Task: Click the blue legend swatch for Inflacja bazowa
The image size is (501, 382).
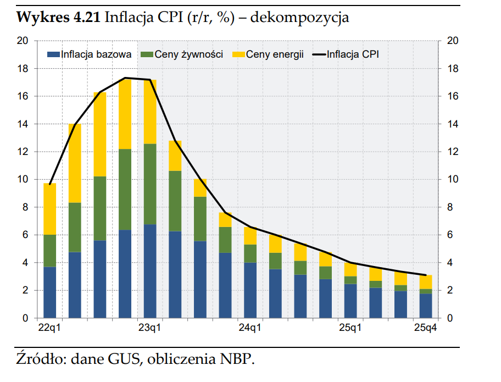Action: pyautogui.click(x=53, y=54)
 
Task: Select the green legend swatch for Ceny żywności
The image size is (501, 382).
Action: pyautogui.click(x=147, y=54)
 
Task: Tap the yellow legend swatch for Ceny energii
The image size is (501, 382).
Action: pyautogui.click(x=238, y=54)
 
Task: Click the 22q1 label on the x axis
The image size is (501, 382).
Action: pyautogui.click(x=49, y=329)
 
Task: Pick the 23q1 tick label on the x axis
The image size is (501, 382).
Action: pyautogui.click(x=150, y=329)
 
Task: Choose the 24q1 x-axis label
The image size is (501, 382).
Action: pyautogui.click(x=250, y=329)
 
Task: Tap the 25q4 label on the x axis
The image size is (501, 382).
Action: pyautogui.click(x=426, y=329)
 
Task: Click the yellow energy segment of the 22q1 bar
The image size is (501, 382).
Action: pyautogui.click(x=50, y=209)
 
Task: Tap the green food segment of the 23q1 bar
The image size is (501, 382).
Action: pyautogui.click(x=150, y=184)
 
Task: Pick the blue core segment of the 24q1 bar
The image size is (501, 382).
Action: pyautogui.click(x=250, y=290)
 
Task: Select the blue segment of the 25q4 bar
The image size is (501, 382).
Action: pyautogui.click(x=426, y=306)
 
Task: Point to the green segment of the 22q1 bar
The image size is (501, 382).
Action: pyautogui.click(x=50, y=251)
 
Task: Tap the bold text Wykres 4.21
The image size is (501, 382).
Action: pyautogui.click(x=58, y=18)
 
